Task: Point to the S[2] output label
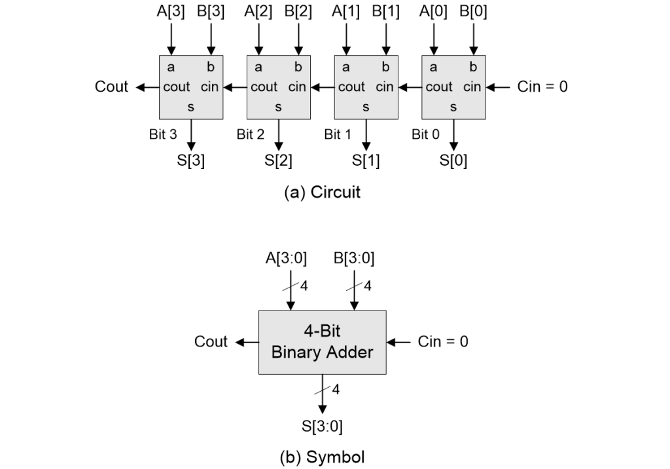tap(279, 161)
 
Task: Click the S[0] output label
tap(453, 161)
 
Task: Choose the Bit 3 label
tap(163, 135)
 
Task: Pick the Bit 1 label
tap(338, 135)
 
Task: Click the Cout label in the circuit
tap(112, 86)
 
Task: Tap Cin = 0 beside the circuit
tap(542, 86)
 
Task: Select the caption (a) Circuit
tap(322, 193)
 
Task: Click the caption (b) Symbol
tap(322, 457)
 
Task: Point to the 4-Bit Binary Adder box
tap(322, 342)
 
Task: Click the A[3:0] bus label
tap(286, 258)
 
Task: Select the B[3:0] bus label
tap(354, 258)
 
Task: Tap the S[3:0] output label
tap(322, 427)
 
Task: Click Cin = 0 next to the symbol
tap(443, 342)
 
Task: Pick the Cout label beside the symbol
tap(211, 342)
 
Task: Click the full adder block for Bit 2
tap(278, 86)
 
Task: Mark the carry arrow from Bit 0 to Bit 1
tap(409, 86)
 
